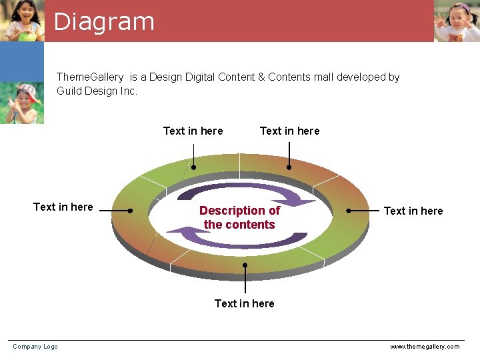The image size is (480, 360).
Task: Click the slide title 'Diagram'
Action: point(104,21)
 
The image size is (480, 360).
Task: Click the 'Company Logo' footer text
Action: point(35,347)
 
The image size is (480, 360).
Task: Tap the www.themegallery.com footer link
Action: point(424,347)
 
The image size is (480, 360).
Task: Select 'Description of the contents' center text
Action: point(239,217)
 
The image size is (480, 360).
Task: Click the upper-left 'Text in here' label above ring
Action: point(193,131)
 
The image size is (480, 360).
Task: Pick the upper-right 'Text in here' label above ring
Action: point(289,131)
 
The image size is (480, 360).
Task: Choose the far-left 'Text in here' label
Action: point(63,207)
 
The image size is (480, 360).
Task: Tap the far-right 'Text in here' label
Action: point(413,211)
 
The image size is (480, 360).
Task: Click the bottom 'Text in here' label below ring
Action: point(244,303)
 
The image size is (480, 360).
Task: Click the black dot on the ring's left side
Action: point(131,211)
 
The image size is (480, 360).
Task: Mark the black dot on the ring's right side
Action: point(349,210)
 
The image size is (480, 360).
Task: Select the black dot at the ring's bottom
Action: point(245,265)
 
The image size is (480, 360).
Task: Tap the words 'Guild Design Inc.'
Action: point(97,91)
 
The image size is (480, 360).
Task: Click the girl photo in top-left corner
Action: point(22,21)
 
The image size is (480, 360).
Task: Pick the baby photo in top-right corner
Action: point(457,21)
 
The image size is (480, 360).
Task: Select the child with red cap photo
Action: point(22,103)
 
